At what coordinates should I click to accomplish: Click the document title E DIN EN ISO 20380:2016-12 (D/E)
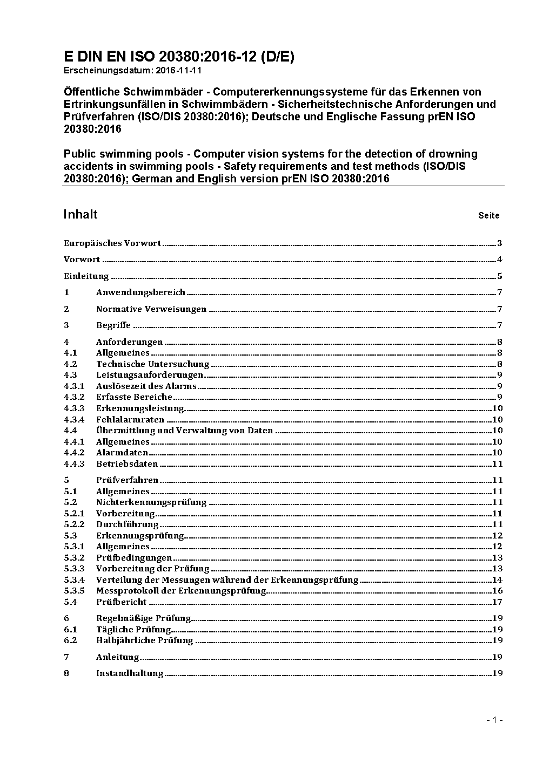coord(179,57)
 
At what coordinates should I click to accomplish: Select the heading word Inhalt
coord(81,214)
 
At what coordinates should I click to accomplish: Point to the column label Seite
coord(488,216)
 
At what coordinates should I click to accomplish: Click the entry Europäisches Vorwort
coord(112,243)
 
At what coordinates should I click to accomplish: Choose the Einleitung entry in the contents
coord(86,276)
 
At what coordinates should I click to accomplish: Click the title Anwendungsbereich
coord(140,292)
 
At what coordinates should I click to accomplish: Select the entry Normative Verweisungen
coord(151,309)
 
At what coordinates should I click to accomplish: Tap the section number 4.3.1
coord(74,386)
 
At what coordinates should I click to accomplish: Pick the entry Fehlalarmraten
coord(130,419)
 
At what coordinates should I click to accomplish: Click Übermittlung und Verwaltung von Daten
coord(184,431)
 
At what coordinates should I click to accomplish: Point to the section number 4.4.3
coord(74,463)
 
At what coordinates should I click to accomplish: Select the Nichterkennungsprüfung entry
coord(151,502)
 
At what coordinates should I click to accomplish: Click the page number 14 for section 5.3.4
coord(497,580)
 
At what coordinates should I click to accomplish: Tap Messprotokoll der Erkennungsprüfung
coord(181,591)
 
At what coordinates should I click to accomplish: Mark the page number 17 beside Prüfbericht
coord(497,602)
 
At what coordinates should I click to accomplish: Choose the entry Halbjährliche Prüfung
coord(144,640)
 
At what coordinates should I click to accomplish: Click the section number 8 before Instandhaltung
coord(66,673)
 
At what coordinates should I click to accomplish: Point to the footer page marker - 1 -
coord(494,720)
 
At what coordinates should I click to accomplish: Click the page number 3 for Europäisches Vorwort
coord(500,243)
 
